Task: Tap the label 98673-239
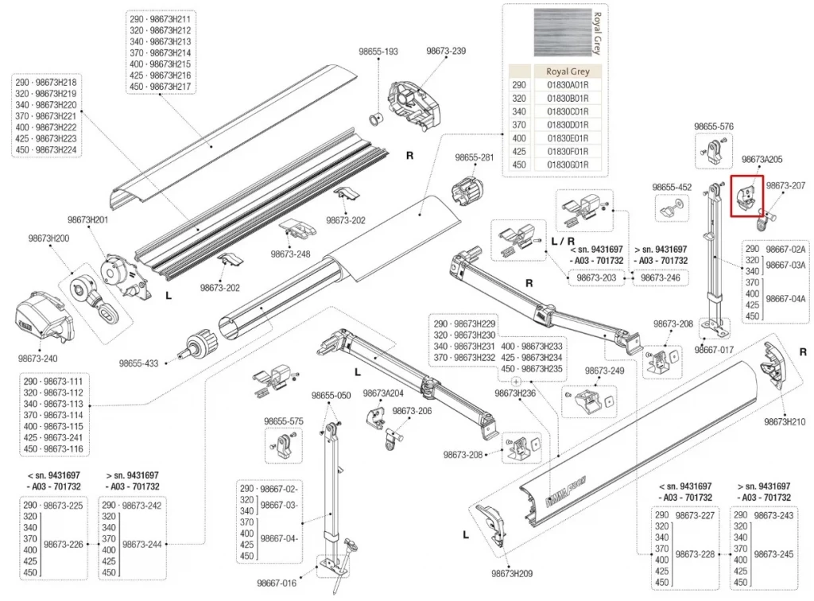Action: [x=446, y=51]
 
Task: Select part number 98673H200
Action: [x=49, y=238]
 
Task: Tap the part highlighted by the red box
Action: [x=746, y=196]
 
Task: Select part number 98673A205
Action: [x=762, y=160]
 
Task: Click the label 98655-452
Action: [x=672, y=187]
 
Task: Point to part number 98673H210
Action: [x=785, y=421]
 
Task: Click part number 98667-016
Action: [x=277, y=584]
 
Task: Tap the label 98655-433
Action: [x=139, y=363]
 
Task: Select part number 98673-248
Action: [x=289, y=254]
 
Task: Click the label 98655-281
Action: [x=475, y=158]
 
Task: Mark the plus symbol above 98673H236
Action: [x=516, y=382]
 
